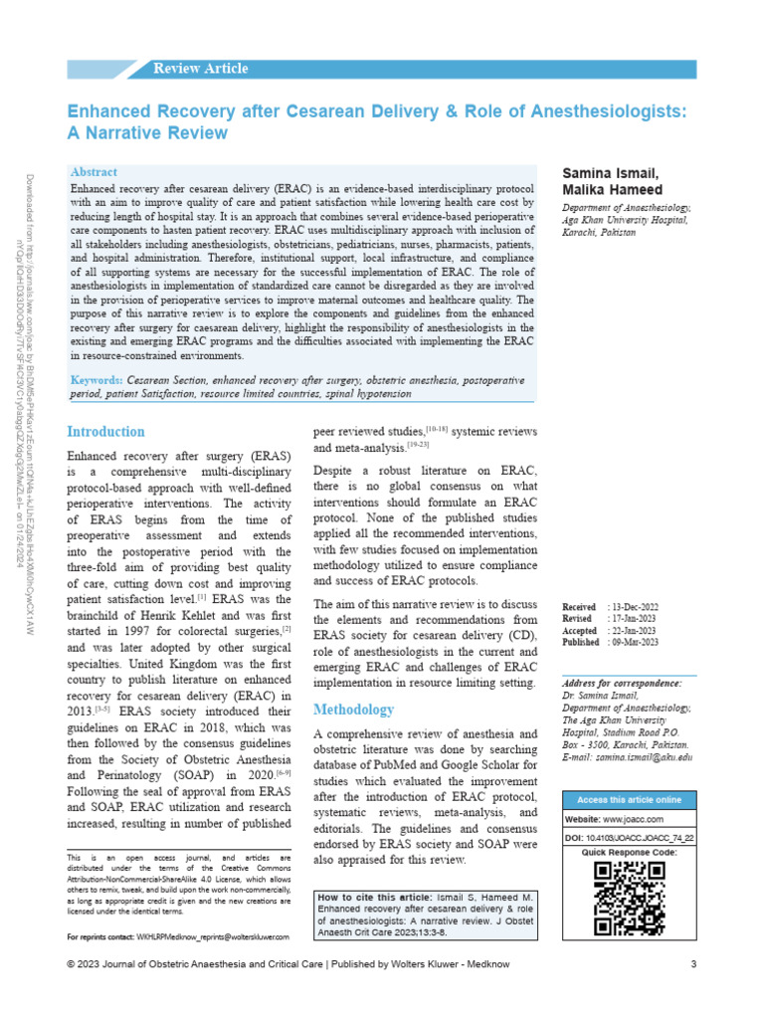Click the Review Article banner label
click(x=200, y=69)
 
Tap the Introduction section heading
click(x=105, y=432)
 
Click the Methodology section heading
click(x=353, y=710)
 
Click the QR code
click(x=628, y=898)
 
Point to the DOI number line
click(x=628, y=839)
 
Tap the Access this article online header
click(x=629, y=799)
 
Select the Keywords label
click(x=96, y=381)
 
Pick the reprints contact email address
click(x=213, y=937)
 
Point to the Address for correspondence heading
click(x=622, y=684)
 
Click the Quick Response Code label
click(x=629, y=853)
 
